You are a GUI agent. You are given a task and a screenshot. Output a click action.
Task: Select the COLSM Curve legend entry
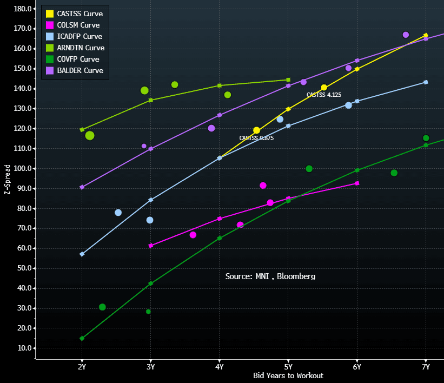(x=78, y=25)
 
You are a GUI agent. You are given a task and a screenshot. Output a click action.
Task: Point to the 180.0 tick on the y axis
(x=21, y=9)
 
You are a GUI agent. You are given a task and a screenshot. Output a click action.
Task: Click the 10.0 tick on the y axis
(x=22, y=348)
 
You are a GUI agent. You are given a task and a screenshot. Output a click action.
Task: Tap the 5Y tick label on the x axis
(x=288, y=367)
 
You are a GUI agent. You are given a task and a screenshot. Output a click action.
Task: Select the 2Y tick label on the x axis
(x=82, y=367)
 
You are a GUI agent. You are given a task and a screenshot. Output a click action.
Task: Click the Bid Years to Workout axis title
(x=288, y=375)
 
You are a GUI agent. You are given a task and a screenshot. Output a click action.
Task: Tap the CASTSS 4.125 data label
(x=323, y=95)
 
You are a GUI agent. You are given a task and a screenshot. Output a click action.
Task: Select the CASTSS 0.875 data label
(x=256, y=138)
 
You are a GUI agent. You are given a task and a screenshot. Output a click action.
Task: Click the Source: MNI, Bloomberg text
(x=270, y=276)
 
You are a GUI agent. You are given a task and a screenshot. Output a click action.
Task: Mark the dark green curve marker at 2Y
(x=82, y=339)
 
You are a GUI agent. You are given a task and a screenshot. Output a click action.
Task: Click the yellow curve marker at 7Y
(x=426, y=35)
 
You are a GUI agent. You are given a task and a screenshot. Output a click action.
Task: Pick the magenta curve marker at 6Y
(x=357, y=183)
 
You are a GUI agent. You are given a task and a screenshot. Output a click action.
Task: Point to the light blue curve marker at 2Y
(x=82, y=254)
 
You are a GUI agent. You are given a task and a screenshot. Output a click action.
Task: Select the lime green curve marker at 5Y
(x=288, y=80)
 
